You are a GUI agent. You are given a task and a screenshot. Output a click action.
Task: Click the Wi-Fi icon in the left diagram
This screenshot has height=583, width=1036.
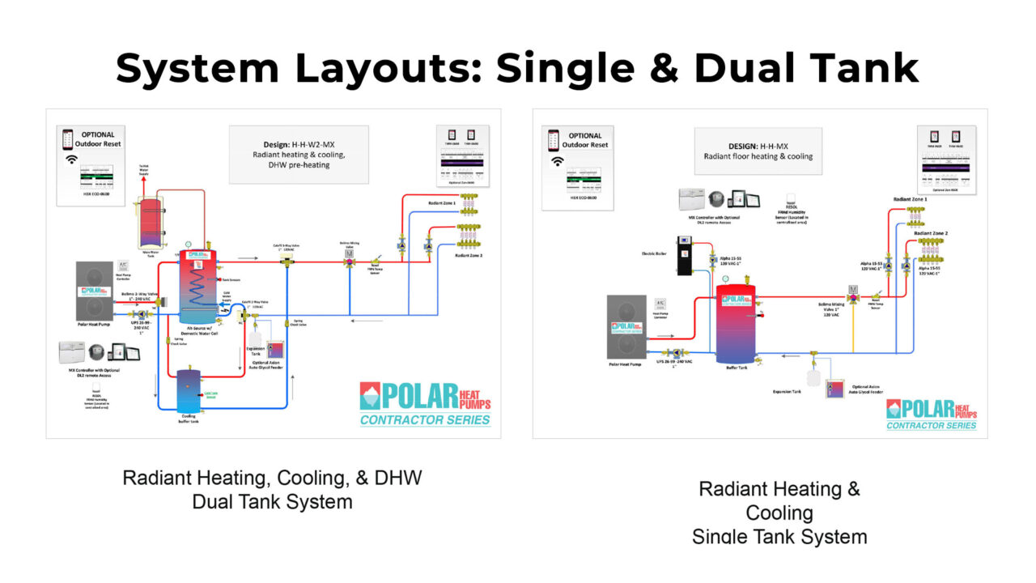70,160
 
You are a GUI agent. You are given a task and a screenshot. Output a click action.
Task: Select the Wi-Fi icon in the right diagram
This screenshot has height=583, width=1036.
557,161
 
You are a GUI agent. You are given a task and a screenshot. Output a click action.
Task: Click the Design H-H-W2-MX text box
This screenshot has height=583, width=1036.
299,154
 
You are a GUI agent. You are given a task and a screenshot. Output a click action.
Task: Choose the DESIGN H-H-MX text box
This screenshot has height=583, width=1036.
758,151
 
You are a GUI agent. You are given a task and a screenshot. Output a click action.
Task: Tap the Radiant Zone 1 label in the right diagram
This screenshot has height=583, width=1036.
910,198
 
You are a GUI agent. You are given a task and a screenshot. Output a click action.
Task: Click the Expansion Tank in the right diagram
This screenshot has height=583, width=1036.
813,377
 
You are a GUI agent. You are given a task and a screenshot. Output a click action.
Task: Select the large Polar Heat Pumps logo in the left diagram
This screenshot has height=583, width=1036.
425,402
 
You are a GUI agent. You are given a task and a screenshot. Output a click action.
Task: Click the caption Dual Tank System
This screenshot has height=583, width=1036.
272,501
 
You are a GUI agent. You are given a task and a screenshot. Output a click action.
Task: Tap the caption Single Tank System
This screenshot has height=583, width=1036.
779,536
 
